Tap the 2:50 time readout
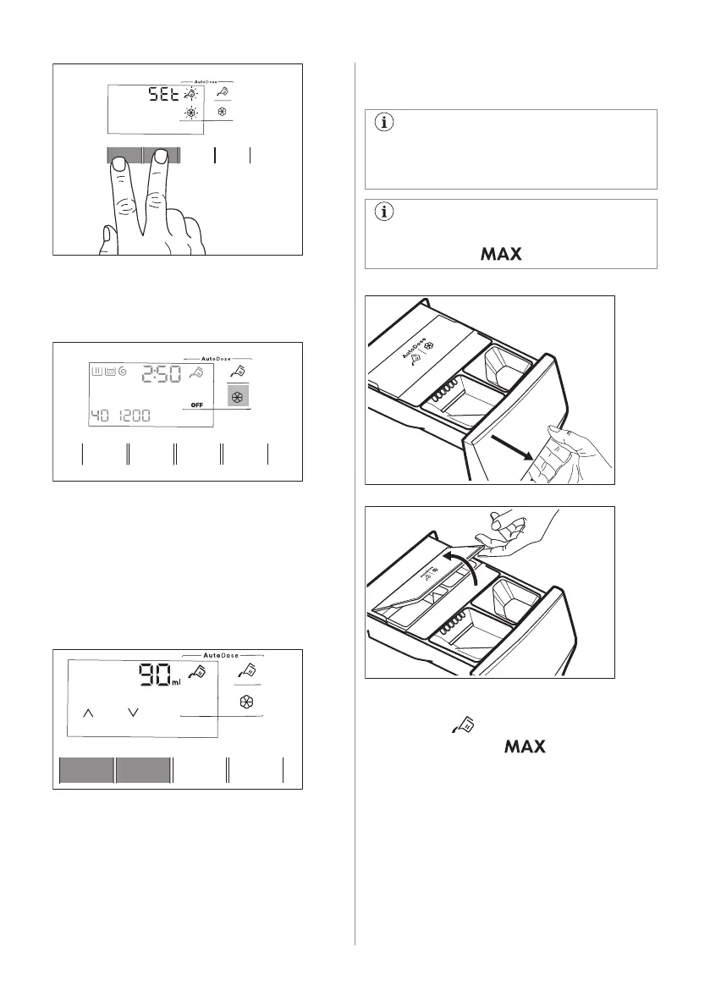166,373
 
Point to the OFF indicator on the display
198,405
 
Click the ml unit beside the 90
176,683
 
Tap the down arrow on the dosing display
132,714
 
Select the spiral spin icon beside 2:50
124,371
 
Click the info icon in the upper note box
386,123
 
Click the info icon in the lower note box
386,212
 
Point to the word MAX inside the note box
500,254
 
